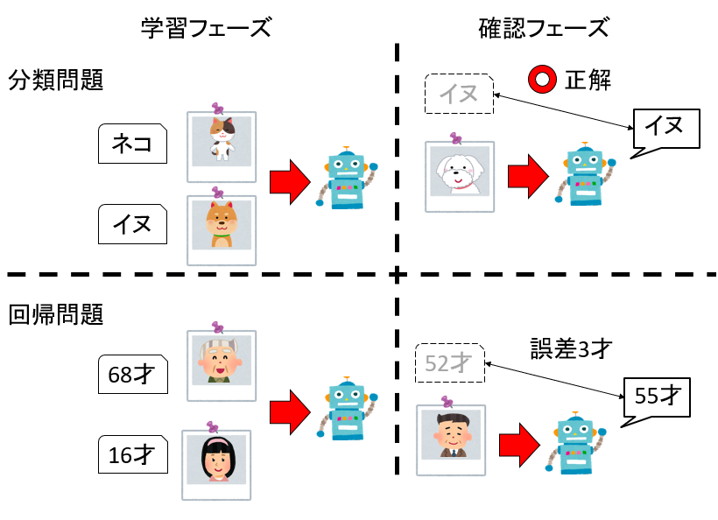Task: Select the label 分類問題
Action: point(56,81)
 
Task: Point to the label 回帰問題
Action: point(56,314)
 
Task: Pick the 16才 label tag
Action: point(132,455)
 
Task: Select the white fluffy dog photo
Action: point(460,172)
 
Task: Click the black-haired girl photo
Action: point(216,460)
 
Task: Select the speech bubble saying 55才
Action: point(657,397)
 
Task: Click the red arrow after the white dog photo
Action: point(528,173)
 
